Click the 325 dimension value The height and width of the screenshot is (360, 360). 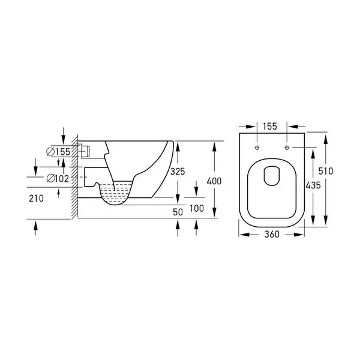(x=178, y=172)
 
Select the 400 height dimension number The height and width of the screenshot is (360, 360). (x=214, y=181)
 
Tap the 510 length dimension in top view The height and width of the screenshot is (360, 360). (x=326, y=171)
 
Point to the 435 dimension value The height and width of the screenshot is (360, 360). (x=313, y=185)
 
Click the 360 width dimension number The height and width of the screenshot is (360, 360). (x=272, y=235)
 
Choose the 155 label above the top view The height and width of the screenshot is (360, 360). (x=270, y=126)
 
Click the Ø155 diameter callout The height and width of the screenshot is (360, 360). (x=58, y=152)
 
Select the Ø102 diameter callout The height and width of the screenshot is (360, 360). (x=58, y=178)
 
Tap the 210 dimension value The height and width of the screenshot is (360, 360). (x=36, y=199)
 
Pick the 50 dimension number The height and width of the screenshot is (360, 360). (x=178, y=212)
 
